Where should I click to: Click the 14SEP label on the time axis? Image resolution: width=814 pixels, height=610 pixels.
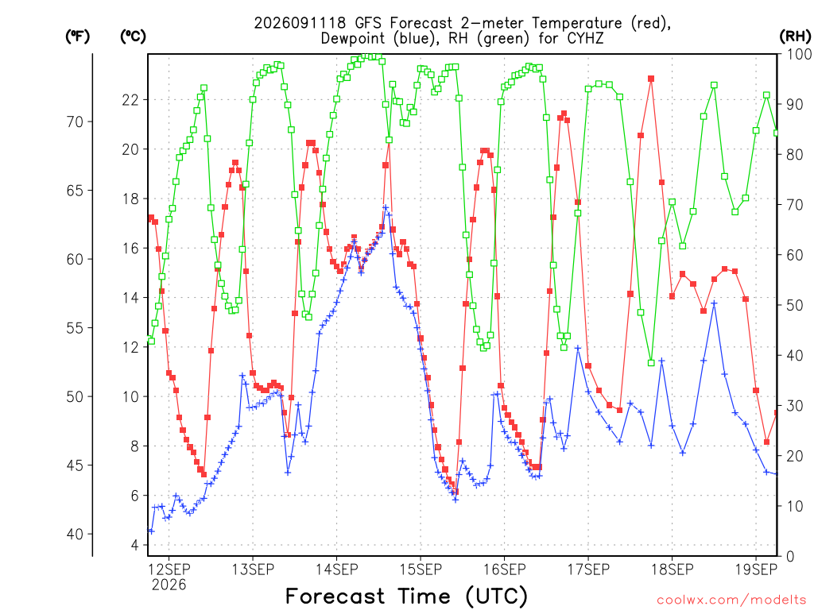pos(337,569)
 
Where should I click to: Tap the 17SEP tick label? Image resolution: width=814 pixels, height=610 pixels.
pos(588,569)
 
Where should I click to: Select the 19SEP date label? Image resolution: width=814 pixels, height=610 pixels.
pos(757,569)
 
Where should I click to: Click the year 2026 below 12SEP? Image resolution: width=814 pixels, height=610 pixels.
pos(169,585)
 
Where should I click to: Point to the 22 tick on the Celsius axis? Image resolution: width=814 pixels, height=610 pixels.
pos(130,99)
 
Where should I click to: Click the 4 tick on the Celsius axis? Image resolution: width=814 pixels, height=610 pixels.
pos(135,545)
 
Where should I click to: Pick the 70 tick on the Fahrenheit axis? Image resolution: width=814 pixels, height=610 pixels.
pos(76,122)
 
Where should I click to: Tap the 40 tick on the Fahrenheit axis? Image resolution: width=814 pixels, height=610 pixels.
pos(76,535)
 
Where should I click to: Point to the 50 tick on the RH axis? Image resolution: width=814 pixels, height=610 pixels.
pos(795,305)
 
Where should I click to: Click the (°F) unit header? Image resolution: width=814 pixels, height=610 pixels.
pos(77,37)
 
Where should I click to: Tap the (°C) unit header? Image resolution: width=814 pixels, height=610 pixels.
pos(133,37)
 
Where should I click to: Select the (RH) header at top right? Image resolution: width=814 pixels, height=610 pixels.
pos(795,37)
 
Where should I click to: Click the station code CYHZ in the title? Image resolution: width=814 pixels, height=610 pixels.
pos(586,39)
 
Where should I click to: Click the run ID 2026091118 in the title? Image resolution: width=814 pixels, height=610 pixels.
pos(300,23)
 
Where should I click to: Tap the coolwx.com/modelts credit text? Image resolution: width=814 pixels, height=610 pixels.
pos(731,600)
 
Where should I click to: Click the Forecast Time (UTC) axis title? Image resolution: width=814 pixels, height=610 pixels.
pos(406,596)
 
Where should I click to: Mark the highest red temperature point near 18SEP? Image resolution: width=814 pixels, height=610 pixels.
pos(651,79)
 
